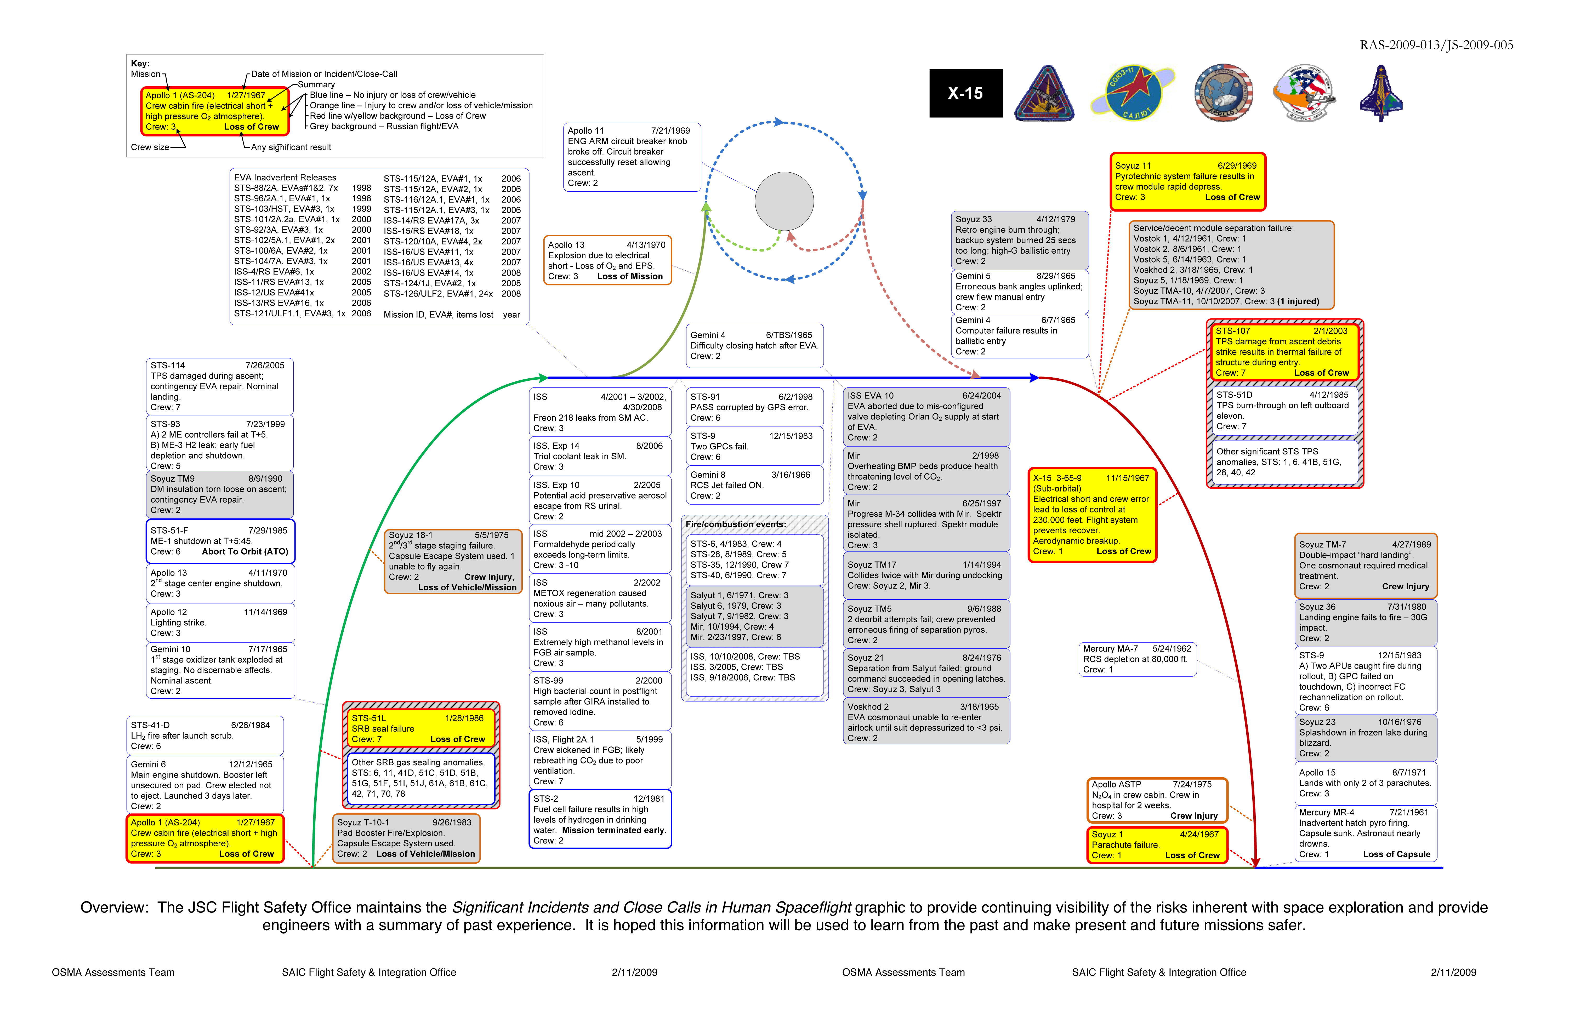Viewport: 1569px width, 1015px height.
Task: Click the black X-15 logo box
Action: pos(966,94)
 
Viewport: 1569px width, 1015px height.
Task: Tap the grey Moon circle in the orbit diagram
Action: pos(784,202)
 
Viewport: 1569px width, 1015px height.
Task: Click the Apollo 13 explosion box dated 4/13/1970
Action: pos(607,260)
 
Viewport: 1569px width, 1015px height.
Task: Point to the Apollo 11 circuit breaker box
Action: pos(632,157)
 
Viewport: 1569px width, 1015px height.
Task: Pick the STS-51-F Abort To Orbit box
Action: pos(220,541)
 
